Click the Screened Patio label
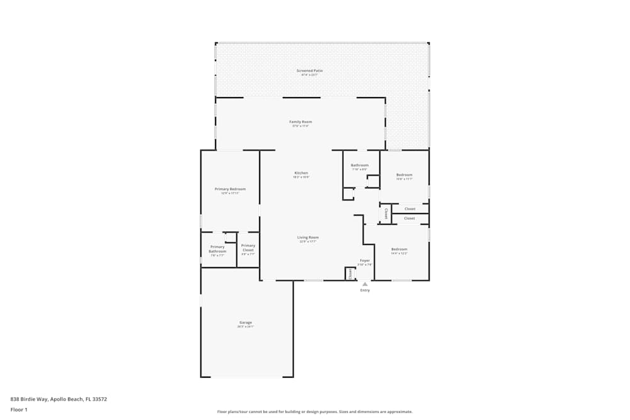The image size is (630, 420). pyautogui.click(x=309, y=71)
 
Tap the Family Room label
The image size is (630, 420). pyautogui.click(x=301, y=122)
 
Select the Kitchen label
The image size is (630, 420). pyautogui.click(x=301, y=173)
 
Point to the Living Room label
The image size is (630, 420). pyautogui.click(x=308, y=238)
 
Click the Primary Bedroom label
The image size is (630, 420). pyautogui.click(x=230, y=190)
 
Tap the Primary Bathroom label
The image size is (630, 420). pyautogui.click(x=217, y=249)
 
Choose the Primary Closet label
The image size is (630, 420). pyautogui.click(x=248, y=247)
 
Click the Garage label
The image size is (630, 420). pyautogui.click(x=245, y=323)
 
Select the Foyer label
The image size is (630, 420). pyautogui.click(x=365, y=261)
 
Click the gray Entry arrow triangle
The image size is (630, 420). pyautogui.click(x=365, y=284)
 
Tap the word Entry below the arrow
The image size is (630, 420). pyautogui.click(x=365, y=290)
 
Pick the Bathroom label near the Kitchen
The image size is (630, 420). pyautogui.click(x=360, y=166)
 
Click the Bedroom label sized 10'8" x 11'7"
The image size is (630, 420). pyautogui.click(x=404, y=175)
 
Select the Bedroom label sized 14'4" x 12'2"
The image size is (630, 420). pyautogui.click(x=399, y=249)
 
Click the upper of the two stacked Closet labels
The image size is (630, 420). pyautogui.click(x=409, y=209)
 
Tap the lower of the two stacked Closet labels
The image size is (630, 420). pyautogui.click(x=409, y=219)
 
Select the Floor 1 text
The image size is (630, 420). pyautogui.click(x=19, y=409)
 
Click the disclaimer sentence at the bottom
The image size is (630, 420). pyautogui.click(x=315, y=412)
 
